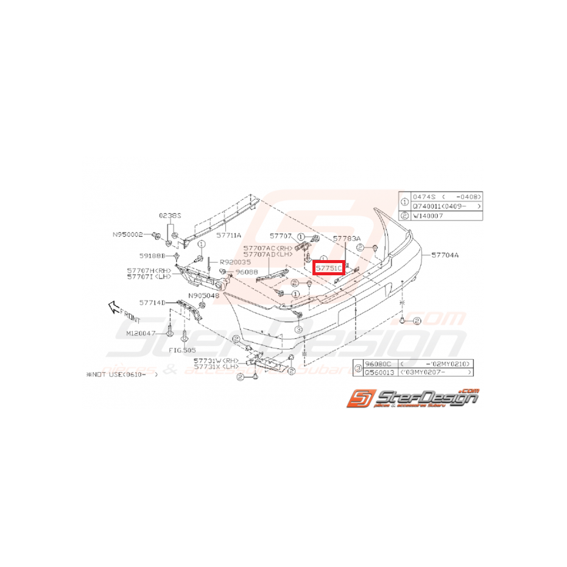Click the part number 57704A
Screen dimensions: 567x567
(x=445, y=256)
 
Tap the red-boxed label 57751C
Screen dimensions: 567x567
(x=329, y=267)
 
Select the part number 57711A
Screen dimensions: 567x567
(x=230, y=234)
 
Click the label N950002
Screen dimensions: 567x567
(x=127, y=234)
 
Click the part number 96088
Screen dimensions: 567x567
(x=246, y=272)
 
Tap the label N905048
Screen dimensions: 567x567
(x=203, y=295)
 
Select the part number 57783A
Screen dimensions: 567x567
(x=347, y=239)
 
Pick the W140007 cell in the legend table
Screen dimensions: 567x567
(x=429, y=216)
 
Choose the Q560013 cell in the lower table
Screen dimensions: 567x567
(x=375, y=371)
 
